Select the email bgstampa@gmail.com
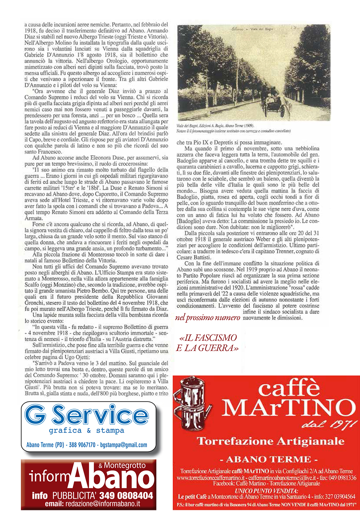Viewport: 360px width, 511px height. [124, 445]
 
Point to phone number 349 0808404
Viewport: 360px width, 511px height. [126, 495]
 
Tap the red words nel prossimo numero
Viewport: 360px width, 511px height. [207, 318]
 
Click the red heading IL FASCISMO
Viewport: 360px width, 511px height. [208, 338]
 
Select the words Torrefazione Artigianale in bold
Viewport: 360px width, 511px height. [270, 441]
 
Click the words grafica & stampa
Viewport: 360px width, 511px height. [86, 430]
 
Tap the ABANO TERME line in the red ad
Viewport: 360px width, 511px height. [269, 459]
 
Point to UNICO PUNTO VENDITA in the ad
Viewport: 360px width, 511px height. [266, 491]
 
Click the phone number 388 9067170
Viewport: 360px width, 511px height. [82, 445]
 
